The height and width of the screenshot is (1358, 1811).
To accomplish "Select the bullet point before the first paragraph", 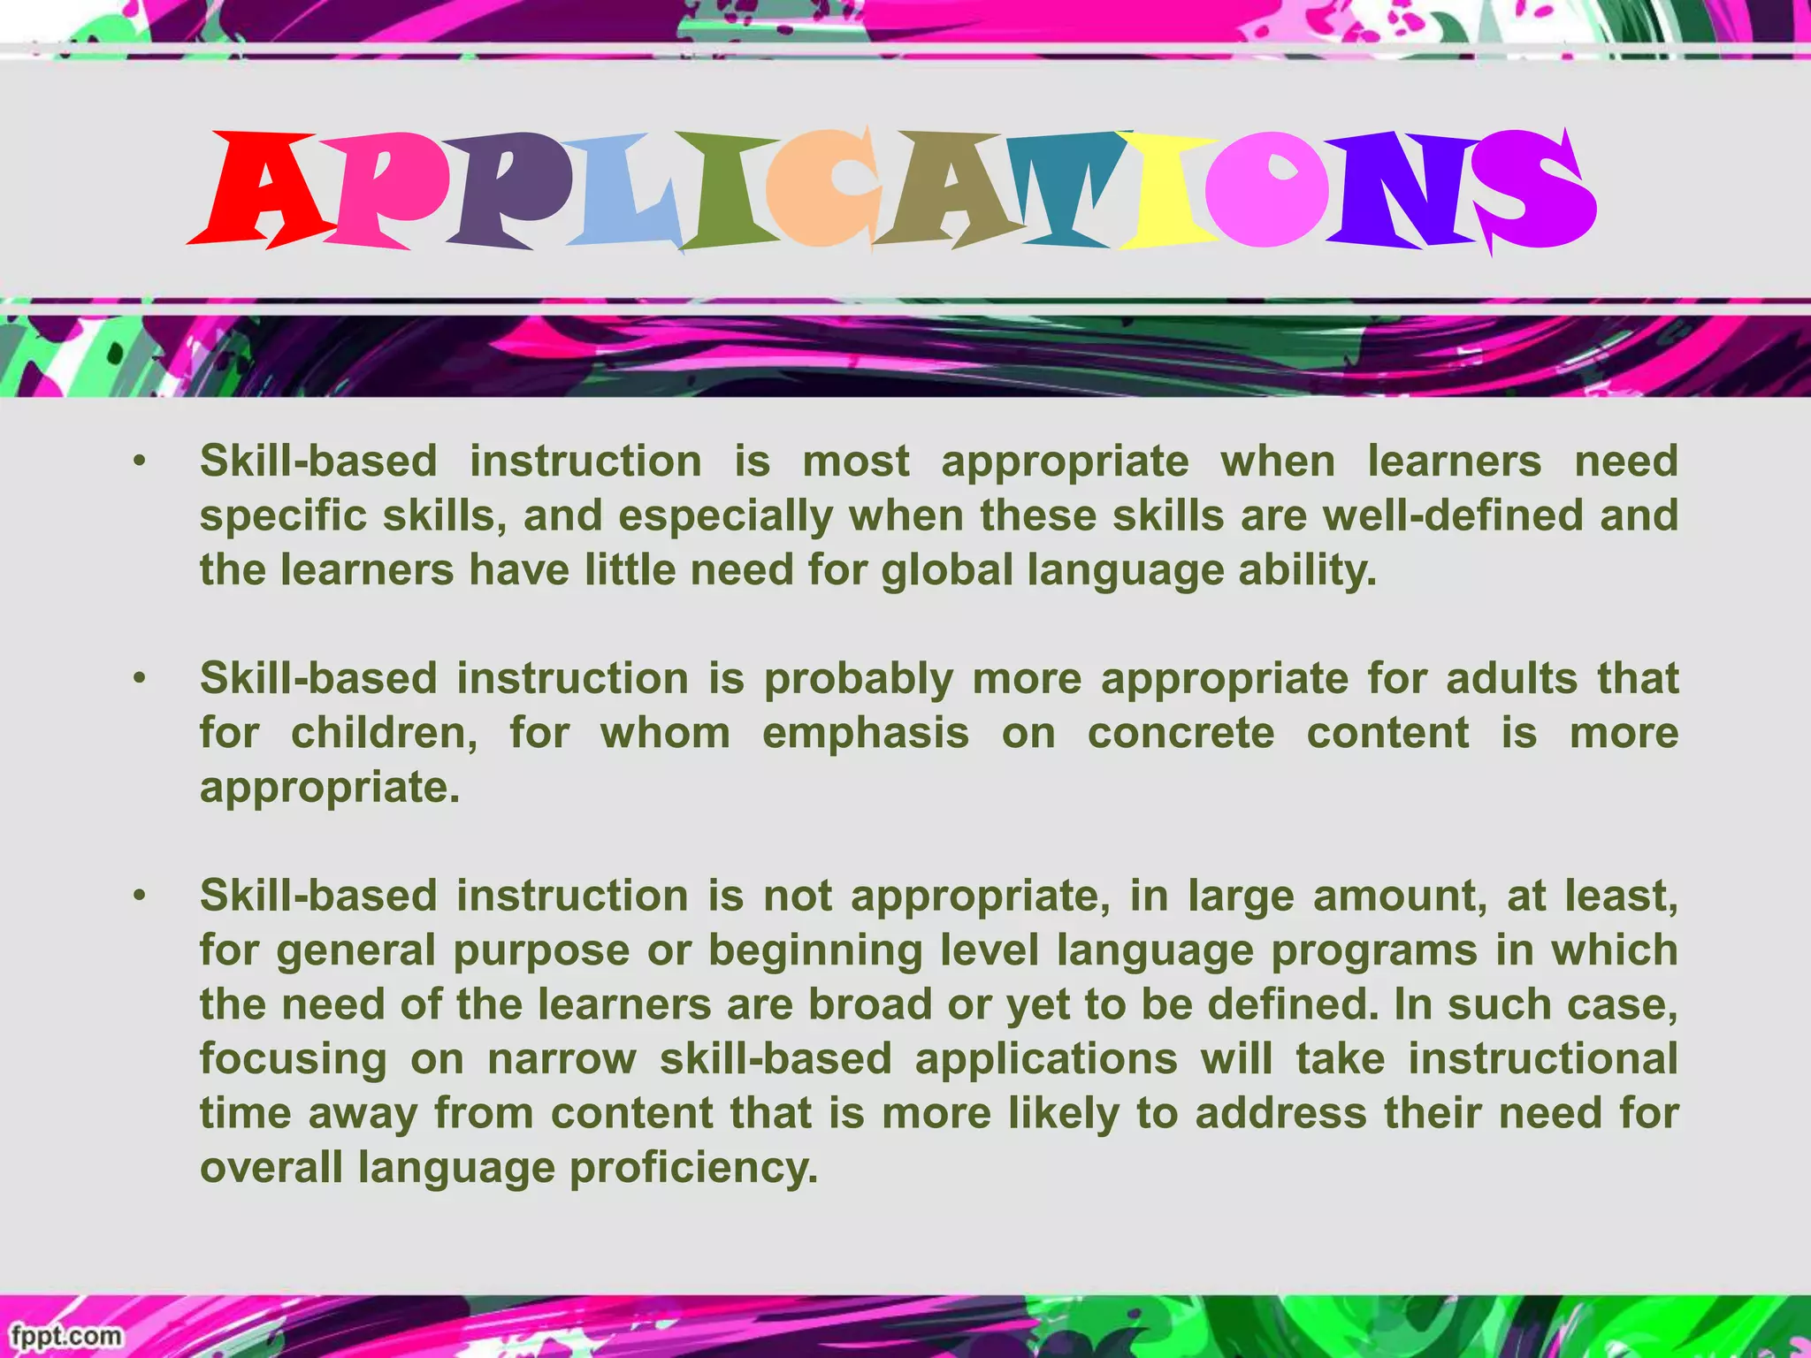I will pyautogui.click(x=139, y=462).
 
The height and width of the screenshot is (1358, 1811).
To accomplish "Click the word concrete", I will pyautogui.click(x=1181, y=734).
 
